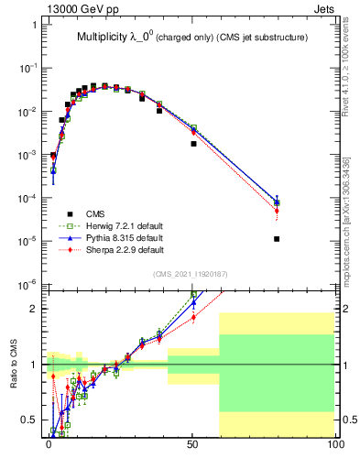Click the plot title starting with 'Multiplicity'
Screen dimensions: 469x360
click(x=191, y=37)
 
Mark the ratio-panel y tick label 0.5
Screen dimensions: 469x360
click(x=28, y=420)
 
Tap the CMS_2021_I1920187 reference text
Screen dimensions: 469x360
click(x=191, y=274)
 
